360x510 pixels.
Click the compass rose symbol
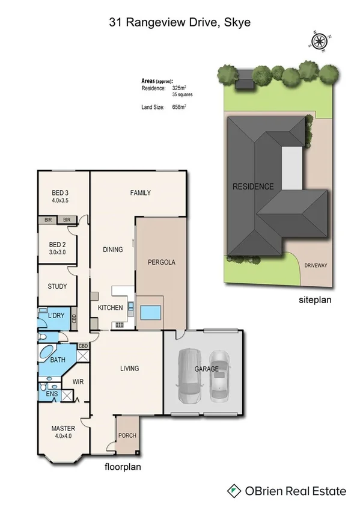[x=319, y=41]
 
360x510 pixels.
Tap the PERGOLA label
[x=160, y=262]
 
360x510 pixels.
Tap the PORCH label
[x=126, y=436]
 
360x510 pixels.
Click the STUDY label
[x=58, y=286]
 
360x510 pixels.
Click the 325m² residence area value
[x=179, y=88]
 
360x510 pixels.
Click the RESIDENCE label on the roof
[x=253, y=186]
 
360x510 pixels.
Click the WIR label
[x=78, y=381]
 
